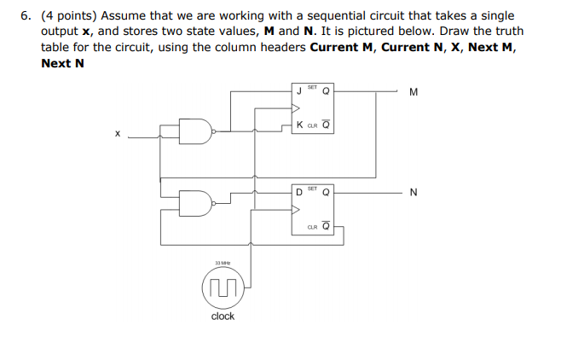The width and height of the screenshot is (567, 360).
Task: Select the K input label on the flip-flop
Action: point(298,125)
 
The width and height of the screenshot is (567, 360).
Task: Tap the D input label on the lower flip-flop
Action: point(298,191)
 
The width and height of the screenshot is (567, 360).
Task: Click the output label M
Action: point(414,93)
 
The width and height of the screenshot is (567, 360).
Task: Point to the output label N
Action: point(414,192)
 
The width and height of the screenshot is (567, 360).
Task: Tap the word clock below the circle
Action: point(223,316)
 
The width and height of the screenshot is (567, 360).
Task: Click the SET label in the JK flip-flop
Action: point(312,85)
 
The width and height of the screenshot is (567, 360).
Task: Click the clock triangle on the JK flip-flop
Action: point(295,108)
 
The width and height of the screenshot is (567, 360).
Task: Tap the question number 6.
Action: point(26,16)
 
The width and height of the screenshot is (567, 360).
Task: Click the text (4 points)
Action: point(71,16)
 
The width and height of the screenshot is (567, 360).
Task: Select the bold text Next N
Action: point(62,62)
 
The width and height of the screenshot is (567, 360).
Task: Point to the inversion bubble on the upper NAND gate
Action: point(213,131)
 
